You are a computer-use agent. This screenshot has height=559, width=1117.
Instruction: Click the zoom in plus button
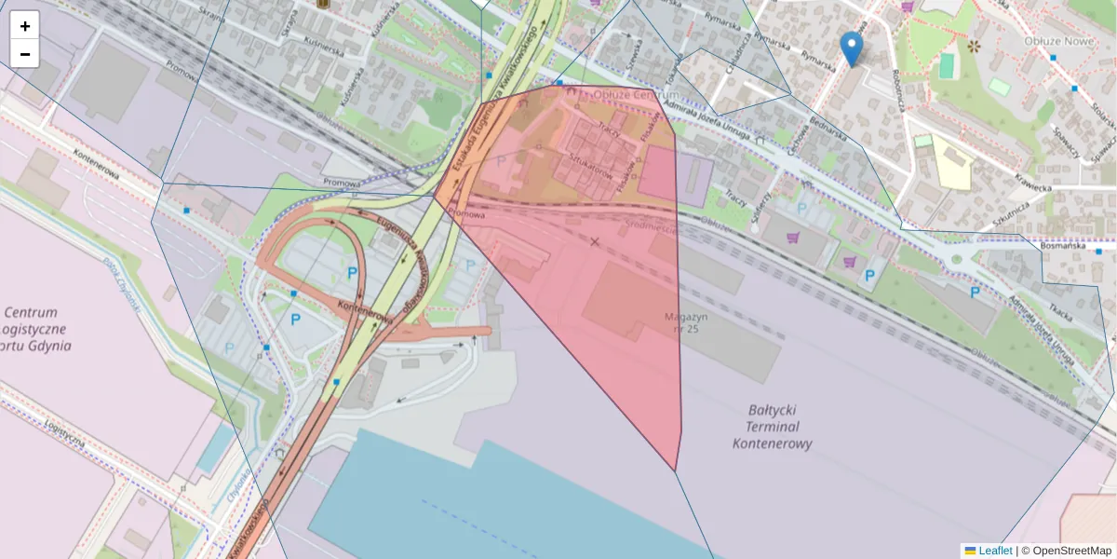[25, 26]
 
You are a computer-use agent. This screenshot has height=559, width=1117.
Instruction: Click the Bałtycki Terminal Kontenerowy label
[773, 427]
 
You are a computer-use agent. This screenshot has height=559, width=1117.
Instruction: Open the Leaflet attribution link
[994, 551]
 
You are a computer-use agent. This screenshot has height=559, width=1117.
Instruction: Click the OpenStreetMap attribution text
[1071, 551]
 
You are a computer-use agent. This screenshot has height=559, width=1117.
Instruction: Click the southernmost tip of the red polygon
[676, 470]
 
